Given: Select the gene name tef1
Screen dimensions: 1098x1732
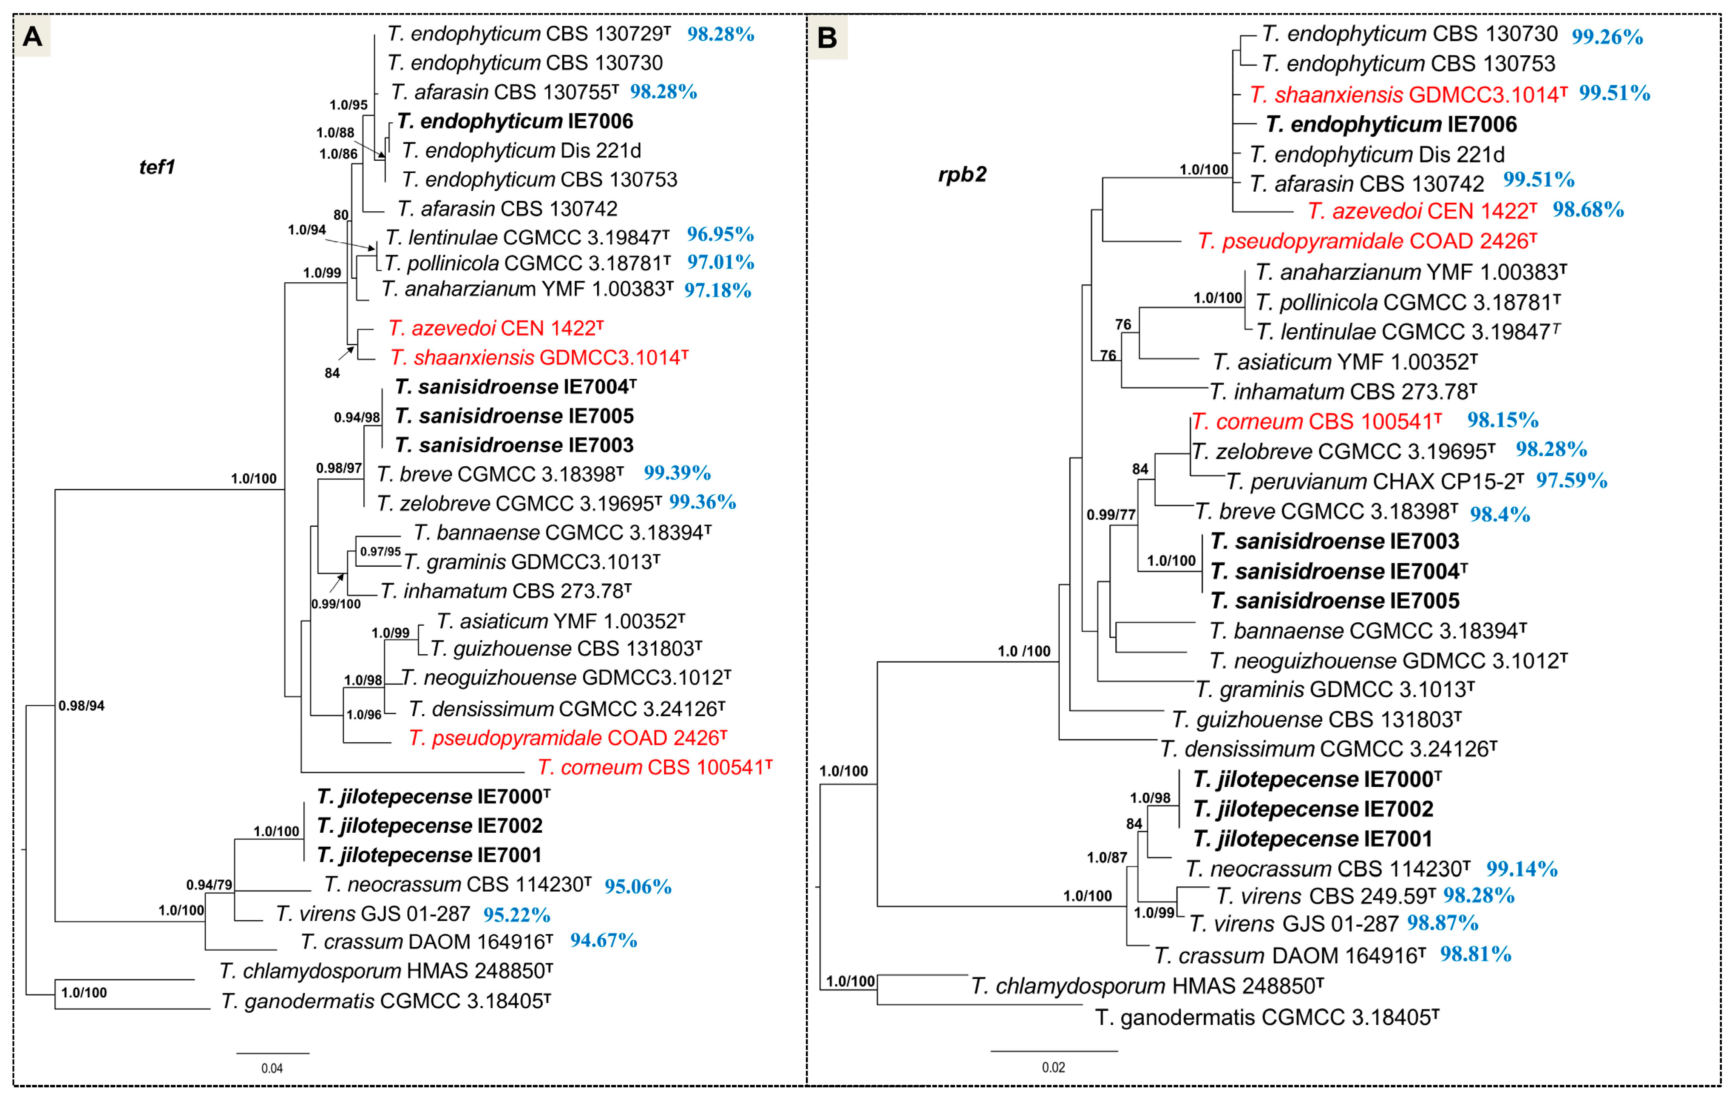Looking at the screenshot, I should (x=157, y=167).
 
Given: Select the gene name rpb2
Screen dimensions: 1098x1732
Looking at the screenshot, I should (x=962, y=175).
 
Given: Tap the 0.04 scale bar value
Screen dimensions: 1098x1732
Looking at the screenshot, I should (x=272, y=1068).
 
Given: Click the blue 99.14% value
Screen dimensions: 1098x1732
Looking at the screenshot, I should (x=1522, y=869).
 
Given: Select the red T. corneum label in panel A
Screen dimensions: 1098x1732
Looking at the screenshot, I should (x=655, y=768).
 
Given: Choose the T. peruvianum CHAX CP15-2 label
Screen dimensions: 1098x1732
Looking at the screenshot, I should (x=1374, y=481).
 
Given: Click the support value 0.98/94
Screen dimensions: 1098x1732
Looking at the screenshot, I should (x=81, y=706).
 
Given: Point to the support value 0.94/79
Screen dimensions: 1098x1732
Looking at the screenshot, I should (x=209, y=884).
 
